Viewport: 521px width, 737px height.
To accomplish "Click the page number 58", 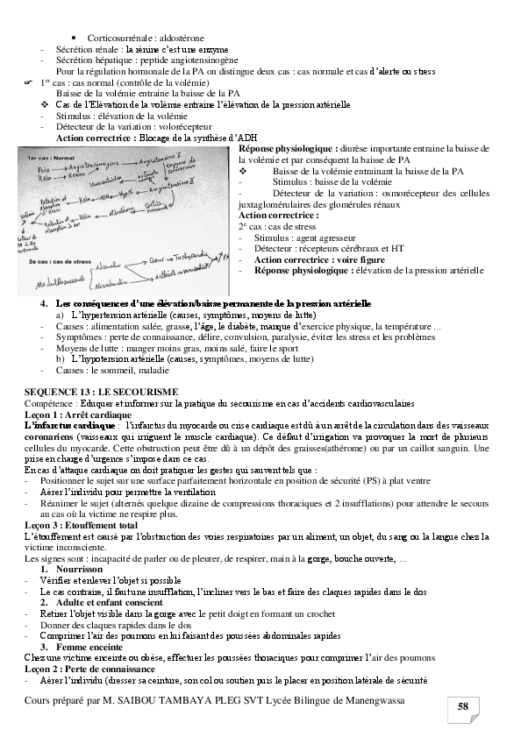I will pyautogui.click(x=462, y=707).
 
